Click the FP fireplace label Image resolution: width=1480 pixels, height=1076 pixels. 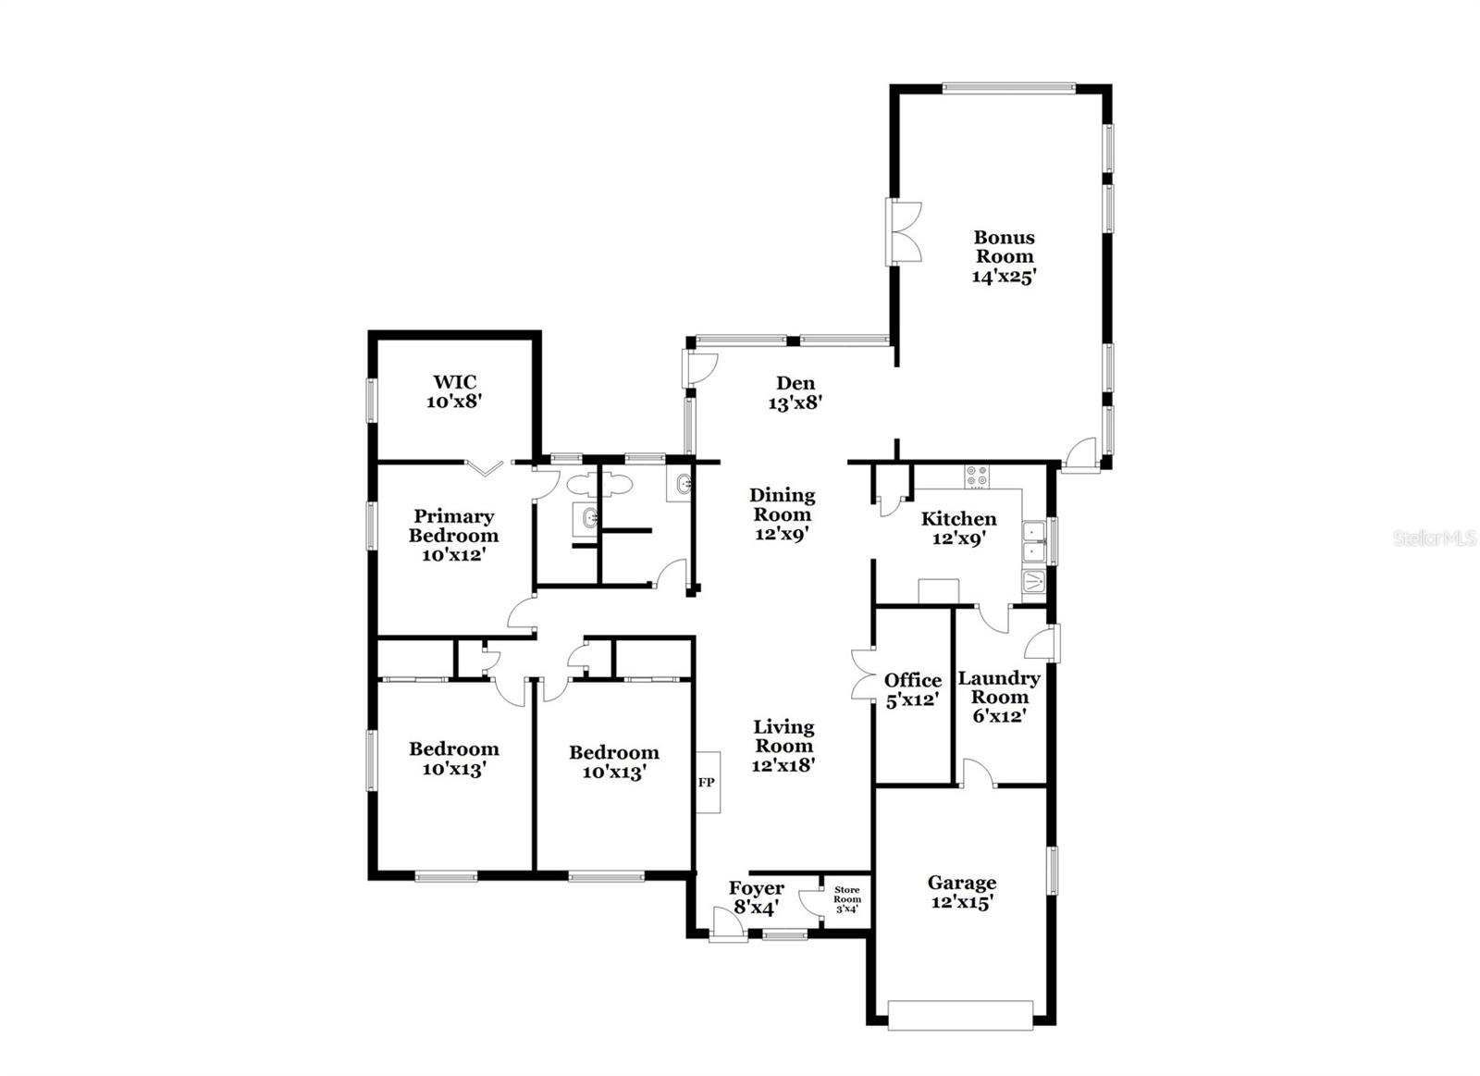707,783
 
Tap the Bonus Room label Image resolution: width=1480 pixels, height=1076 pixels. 1004,247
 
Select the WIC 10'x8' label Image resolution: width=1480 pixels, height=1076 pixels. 454,392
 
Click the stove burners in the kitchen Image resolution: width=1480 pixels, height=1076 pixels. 977,476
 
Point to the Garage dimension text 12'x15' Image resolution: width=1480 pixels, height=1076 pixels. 962,903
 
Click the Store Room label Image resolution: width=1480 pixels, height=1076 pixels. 846,895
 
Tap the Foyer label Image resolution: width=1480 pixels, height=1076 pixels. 756,889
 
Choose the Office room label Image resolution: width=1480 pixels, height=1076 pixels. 913,680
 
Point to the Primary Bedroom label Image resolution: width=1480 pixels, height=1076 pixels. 453,526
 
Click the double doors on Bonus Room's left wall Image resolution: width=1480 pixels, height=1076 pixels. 904,232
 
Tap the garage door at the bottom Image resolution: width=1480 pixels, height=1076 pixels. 959,1015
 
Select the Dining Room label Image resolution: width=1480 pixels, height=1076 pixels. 782,504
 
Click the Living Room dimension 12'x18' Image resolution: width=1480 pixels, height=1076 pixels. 783,765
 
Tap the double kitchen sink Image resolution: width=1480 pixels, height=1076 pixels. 1032,541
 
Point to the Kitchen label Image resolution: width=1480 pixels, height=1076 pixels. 958,519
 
